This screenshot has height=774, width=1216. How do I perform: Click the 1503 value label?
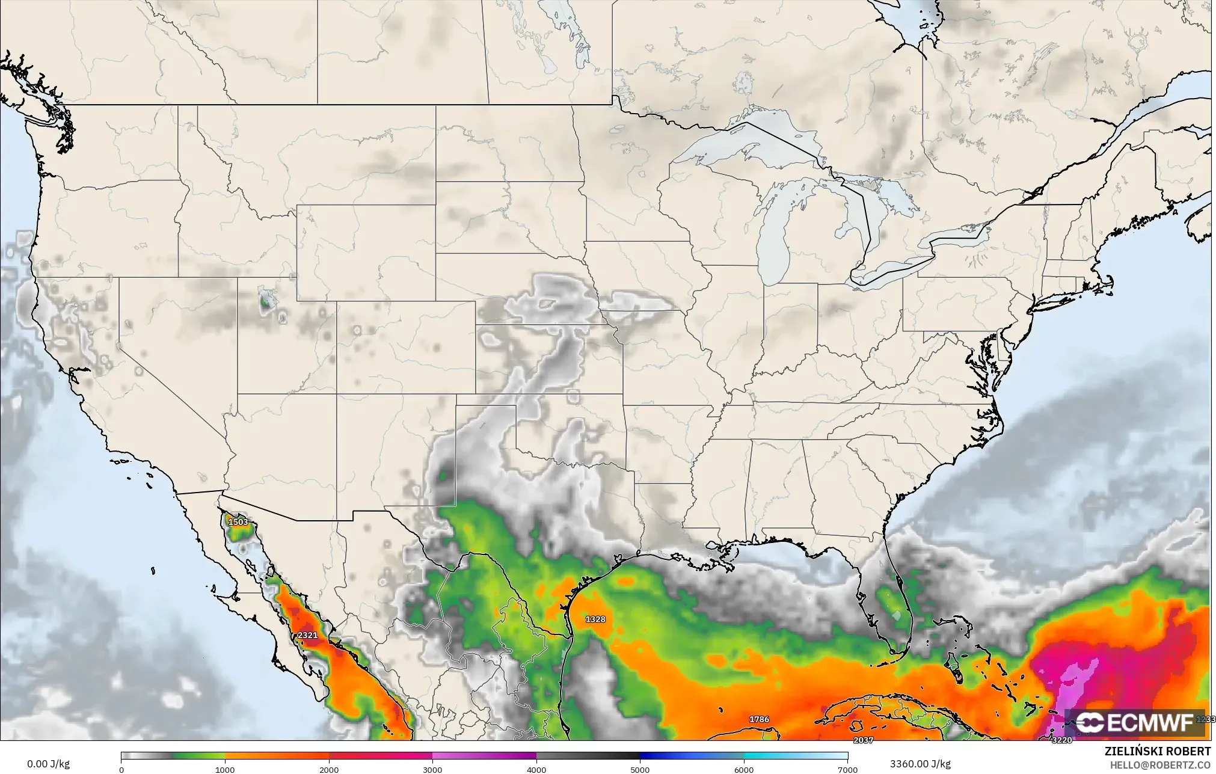click(x=238, y=522)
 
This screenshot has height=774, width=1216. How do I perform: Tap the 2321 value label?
click(x=307, y=635)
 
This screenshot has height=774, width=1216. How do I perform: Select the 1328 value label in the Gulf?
click(x=595, y=619)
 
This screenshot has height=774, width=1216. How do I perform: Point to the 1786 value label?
click(x=759, y=719)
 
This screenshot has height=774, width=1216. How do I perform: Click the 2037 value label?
click(x=863, y=740)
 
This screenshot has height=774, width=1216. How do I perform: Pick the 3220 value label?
click(x=1061, y=740)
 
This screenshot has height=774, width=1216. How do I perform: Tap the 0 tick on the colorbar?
click(x=121, y=769)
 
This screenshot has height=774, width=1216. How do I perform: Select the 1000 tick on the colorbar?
click(x=225, y=769)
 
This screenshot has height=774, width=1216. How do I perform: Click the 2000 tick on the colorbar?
click(x=329, y=769)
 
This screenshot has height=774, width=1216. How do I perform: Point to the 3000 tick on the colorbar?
click(x=432, y=769)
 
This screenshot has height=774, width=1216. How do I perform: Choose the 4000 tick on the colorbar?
click(x=536, y=769)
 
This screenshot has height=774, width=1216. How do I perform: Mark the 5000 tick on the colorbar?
click(x=640, y=769)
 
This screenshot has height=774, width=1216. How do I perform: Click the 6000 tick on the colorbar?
click(x=744, y=769)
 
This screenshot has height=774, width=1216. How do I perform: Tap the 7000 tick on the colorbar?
click(x=847, y=769)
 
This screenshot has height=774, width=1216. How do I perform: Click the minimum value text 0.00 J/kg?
click(x=48, y=764)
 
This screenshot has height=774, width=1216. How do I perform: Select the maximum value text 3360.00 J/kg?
click(x=920, y=764)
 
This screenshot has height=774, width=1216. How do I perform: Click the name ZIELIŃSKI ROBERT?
click(x=1158, y=752)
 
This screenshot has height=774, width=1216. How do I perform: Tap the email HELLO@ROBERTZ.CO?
click(x=1160, y=764)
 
